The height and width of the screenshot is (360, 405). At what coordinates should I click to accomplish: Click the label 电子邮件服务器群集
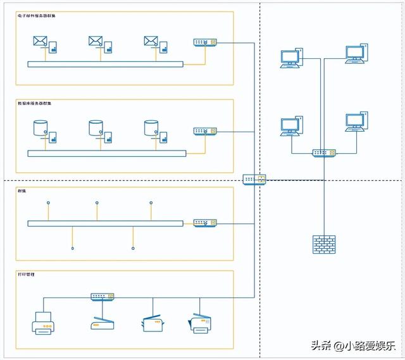point(36,16)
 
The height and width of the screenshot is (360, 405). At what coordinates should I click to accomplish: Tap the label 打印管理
point(27,274)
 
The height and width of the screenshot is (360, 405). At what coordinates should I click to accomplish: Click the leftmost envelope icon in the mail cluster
point(40,42)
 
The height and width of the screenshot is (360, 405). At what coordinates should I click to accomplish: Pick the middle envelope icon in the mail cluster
point(96,42)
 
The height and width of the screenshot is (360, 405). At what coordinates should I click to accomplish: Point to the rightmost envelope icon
point(151,42)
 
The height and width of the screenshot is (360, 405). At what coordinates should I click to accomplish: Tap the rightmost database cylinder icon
point(151,128)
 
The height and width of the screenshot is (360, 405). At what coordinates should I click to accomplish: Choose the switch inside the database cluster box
point(205,132)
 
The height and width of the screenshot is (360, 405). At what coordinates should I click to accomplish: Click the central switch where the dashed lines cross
point(255,179)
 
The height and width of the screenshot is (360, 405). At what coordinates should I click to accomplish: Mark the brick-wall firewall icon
point(323,244)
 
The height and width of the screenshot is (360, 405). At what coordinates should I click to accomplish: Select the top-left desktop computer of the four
point(290,59)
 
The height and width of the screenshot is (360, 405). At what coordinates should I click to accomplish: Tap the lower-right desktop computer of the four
point(355,121)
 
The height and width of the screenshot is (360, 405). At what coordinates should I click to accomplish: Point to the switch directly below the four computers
point(324,153)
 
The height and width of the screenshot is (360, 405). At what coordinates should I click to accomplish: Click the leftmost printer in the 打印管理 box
point(42,323)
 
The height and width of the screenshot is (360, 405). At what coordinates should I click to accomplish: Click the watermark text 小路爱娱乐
point(366,345)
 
